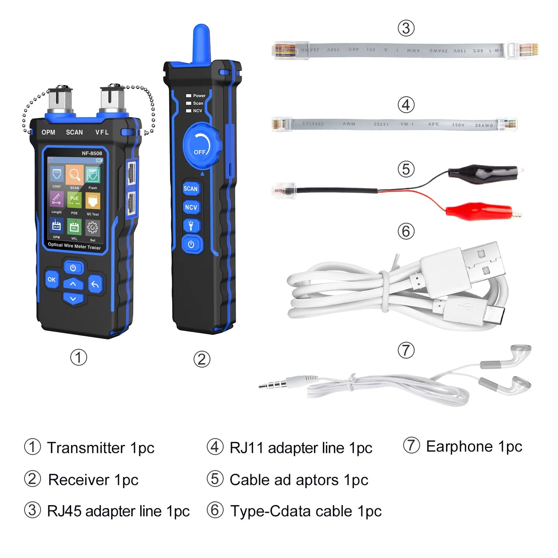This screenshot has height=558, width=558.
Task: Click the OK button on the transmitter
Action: point(52,280)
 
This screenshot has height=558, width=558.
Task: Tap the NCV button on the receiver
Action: point(191,207)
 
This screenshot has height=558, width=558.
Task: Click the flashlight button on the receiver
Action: point(191,226)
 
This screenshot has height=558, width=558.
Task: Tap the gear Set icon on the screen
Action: point(93,228)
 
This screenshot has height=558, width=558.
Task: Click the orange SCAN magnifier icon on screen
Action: point(75,175)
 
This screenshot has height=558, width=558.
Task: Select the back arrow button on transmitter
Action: point(95,285)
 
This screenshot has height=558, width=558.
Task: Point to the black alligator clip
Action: point(483,172)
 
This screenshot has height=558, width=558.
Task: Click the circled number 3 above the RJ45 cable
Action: point(406,28)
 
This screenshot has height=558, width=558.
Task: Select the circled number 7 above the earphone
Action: point(406,350)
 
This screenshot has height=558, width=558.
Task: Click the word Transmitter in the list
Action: point(86,448)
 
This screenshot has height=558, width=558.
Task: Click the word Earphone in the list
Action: point(459,446)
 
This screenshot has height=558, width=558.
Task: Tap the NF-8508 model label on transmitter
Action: point(92,153)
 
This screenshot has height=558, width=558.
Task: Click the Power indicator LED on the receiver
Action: point(189,96)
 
